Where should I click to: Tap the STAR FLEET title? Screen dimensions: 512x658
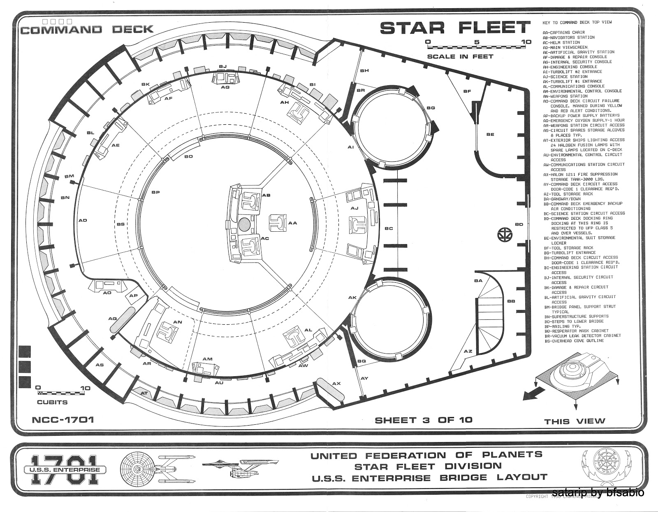click(454, 28)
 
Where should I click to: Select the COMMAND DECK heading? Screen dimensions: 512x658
click(87, 29)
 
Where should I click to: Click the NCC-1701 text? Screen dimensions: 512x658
click(63, 420)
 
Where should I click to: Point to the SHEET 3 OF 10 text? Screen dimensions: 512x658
click(423, 420)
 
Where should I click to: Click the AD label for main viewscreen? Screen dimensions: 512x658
click(83, 220)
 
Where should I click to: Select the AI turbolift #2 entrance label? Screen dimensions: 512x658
click(351, 147)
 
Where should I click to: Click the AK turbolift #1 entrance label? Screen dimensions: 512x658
click(352, 297)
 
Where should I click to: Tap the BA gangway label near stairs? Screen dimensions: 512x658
click(478, 281)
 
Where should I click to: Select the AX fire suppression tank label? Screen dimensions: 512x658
click(336, 384)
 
